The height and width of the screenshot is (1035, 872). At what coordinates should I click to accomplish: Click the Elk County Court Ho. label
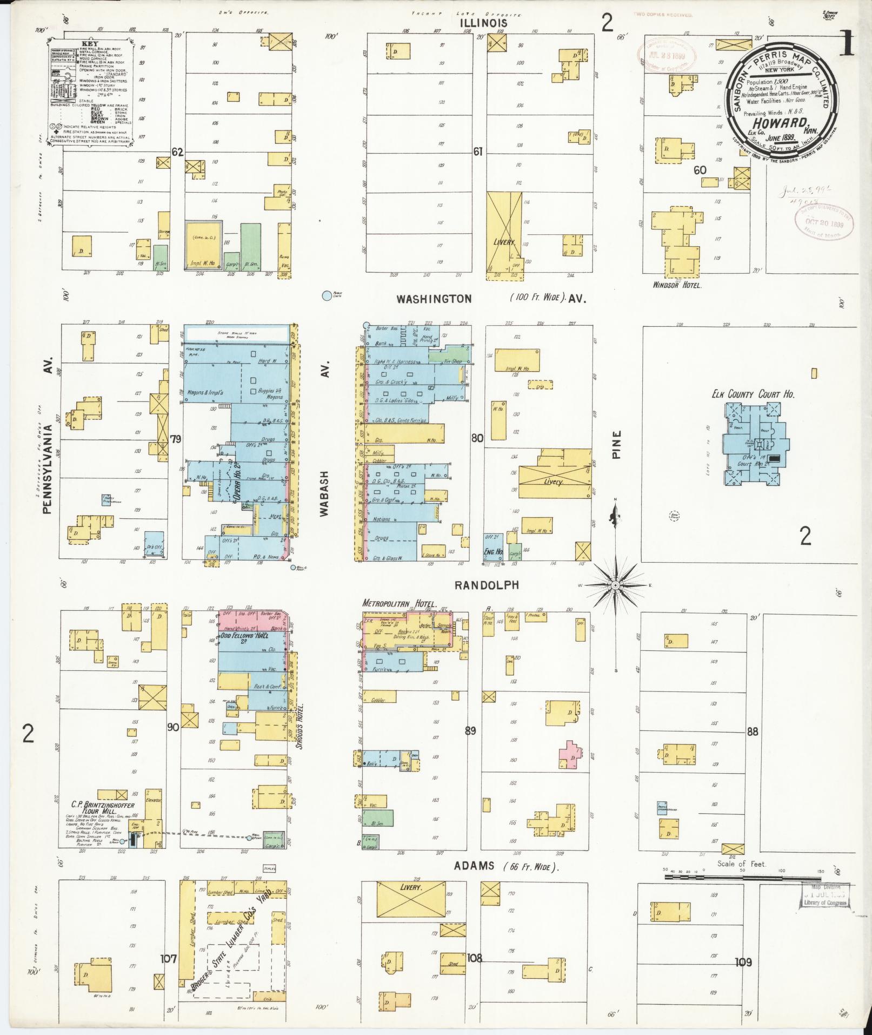(753, 394)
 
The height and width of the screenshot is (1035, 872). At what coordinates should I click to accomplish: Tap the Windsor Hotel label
(677, 285)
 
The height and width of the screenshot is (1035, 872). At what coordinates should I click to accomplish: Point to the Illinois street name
(484, 23)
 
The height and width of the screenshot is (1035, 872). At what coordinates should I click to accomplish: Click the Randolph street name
(487, 585)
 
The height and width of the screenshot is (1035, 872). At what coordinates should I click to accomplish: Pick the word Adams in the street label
(474, 866)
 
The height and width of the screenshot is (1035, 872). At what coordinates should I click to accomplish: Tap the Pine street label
(617, 444)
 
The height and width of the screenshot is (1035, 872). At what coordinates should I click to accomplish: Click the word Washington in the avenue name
(434, 299)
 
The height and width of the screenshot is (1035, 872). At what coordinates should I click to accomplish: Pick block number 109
(743, 962)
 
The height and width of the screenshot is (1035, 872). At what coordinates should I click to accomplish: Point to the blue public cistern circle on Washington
(327, 295)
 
